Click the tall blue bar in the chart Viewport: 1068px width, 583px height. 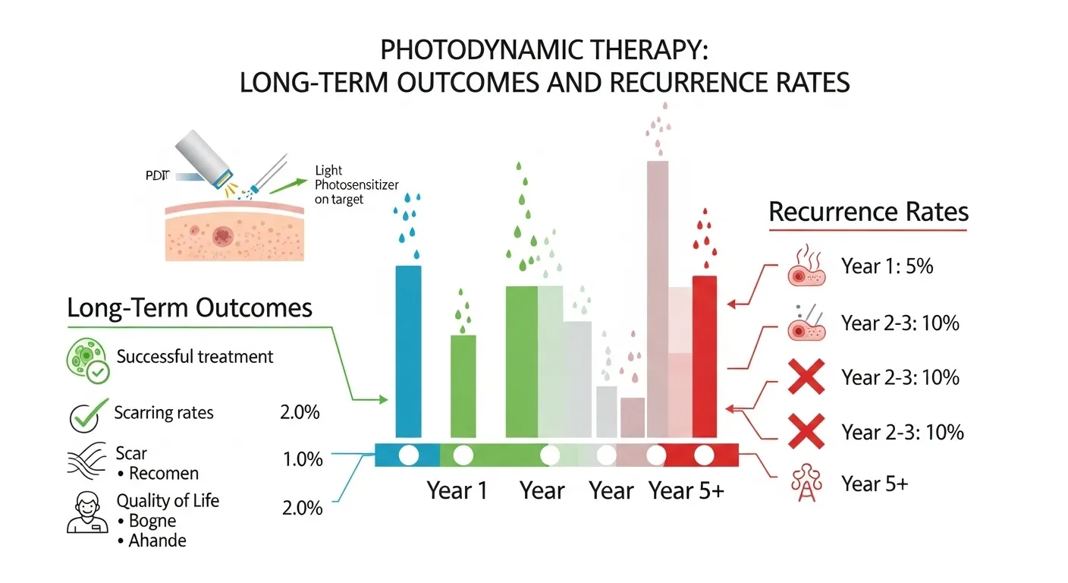409,351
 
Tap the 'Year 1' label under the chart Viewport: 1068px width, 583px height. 457,490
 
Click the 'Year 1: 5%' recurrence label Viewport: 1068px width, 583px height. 887,266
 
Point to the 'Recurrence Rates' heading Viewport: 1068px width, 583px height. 869,212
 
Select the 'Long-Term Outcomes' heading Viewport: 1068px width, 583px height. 190,308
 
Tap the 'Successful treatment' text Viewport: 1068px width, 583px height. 195,356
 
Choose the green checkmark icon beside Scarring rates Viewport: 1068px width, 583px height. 84,414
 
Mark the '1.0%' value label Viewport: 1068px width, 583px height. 302,459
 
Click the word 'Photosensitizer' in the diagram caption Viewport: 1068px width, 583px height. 357,185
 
